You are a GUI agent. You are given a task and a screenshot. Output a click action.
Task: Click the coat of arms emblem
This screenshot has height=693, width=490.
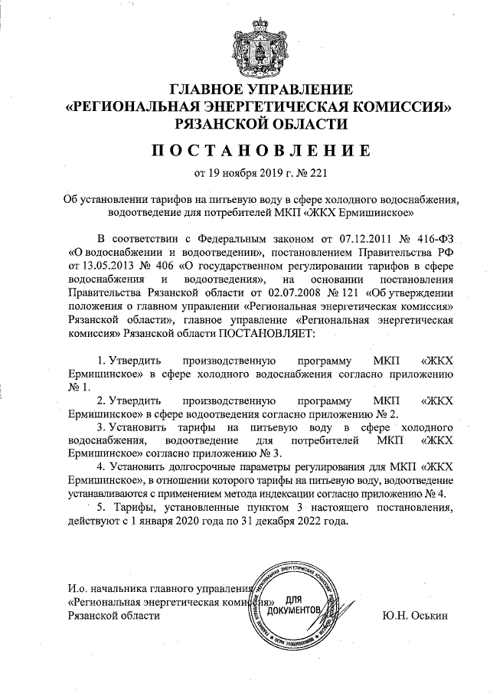(246, 45)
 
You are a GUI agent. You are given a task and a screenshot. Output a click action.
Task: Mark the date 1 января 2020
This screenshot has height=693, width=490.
(172, 522)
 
